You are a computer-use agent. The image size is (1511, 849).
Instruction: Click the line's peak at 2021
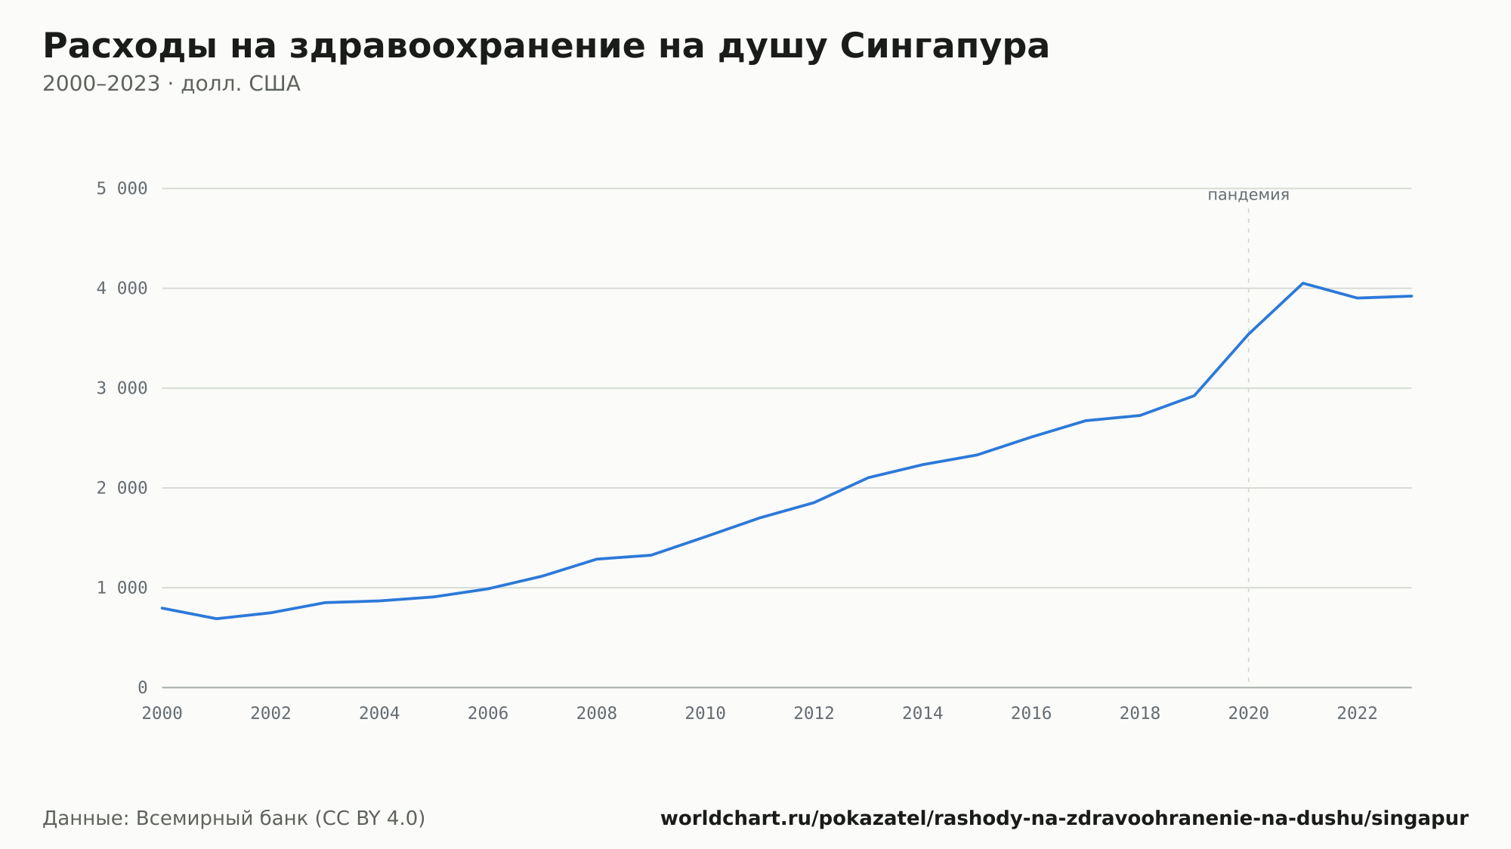tap(1302, 283)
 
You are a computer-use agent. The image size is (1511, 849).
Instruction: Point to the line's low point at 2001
tap(217, 619)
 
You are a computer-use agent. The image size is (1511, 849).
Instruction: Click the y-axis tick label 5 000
tap(122, 189)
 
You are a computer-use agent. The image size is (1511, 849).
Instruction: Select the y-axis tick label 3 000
tap(122, 388)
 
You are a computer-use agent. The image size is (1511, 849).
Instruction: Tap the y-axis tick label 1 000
tap(122, 588)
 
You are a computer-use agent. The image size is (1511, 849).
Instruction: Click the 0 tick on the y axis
tap(142, 687)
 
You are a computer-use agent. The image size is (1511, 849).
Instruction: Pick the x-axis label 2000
tap(162, 713)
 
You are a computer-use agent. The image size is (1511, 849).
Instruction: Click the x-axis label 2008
tap(597, 713)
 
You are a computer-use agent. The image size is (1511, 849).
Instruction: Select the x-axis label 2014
tap(922, 713)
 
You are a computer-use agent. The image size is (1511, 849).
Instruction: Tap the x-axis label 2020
tap(1249, 713)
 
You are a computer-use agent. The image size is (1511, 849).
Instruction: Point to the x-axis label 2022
tap(1358, 713)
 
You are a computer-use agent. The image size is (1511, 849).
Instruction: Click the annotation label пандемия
tap(1248, 195)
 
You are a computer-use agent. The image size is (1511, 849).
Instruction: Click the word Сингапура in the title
tap(944, 47)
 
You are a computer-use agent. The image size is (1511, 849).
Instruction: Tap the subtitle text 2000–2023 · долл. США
tap(171, 84)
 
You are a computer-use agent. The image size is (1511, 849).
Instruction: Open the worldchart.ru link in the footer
tap(1064, 819)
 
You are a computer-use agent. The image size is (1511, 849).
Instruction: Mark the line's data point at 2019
tap(1194, 396)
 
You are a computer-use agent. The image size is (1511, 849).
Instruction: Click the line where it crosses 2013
tap(869, 477)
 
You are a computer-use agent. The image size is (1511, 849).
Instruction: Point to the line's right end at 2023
tap(1411, 296)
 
